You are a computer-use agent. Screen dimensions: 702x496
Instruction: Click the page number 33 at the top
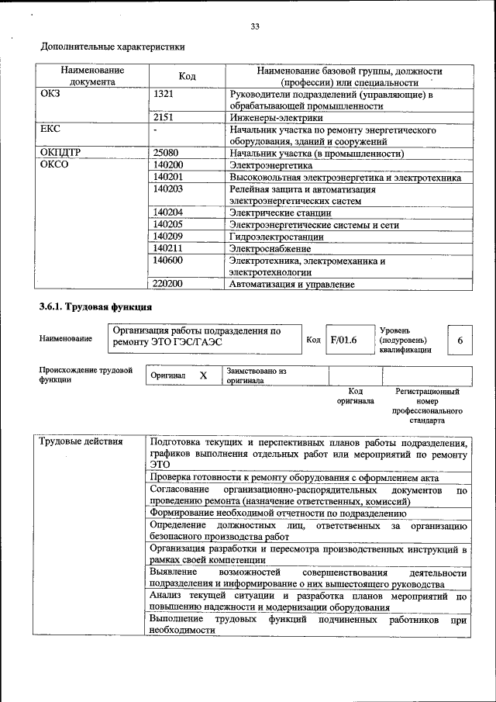click(x=254, y=27)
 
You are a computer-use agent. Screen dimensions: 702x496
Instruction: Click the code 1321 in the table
click(x=164, y=95)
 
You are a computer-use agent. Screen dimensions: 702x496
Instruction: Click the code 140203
click(x=168, y=188)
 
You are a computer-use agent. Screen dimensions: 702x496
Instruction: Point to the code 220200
click(x=168, y=284)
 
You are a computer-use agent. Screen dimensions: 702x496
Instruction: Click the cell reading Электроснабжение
click(x=269, y=248)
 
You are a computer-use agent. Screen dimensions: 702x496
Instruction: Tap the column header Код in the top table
click(x=187, y=76)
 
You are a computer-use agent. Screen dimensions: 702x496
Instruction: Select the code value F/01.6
click(x=343, y=340)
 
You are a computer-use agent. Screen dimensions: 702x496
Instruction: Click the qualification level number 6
click(x=460, y=341)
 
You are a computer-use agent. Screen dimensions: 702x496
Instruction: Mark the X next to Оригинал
click(x=203, y=375)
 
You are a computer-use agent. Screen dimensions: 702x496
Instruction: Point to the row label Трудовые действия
click(x=81, y=442)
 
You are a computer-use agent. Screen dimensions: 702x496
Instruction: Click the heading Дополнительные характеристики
click(x=112, y=47)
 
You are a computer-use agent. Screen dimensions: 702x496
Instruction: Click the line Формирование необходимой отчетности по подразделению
click(x=278, y=513)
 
